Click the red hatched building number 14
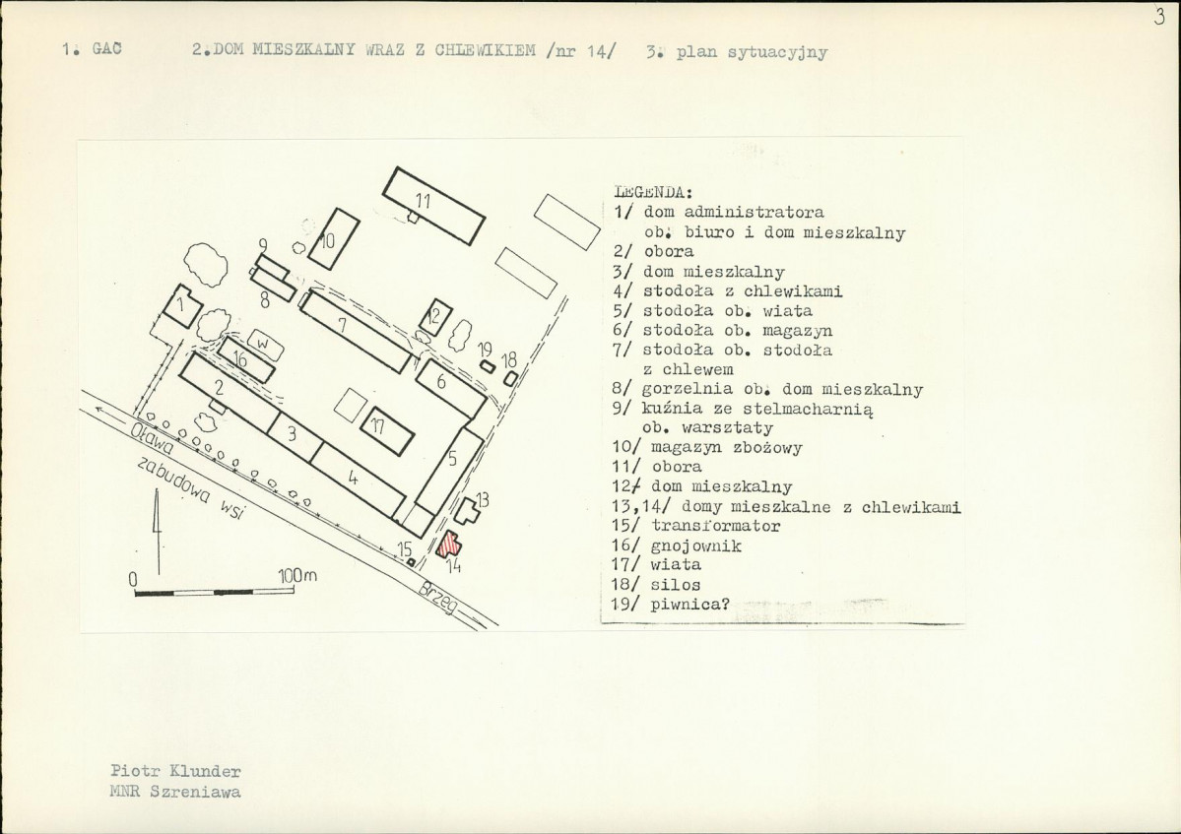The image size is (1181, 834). click(450, 545)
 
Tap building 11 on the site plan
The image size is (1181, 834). click(433, 206)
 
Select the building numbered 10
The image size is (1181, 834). click(334, 238)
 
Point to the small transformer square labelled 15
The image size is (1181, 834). click(411, 561)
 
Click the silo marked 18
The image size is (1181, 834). click(510, 379)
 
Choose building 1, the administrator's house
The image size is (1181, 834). click(181, 305)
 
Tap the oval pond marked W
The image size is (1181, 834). click(264, 345)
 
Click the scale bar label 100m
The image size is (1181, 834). click(297, 576)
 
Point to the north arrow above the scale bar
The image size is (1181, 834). click(159, 530)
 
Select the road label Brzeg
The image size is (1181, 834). click(438, 599)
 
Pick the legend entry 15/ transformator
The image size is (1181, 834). click(696, 526)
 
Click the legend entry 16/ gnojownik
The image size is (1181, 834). click(677, 545)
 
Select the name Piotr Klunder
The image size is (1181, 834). click(175, 772)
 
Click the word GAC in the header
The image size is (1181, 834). click(107, 49)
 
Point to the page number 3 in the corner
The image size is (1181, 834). click(1159, 19)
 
